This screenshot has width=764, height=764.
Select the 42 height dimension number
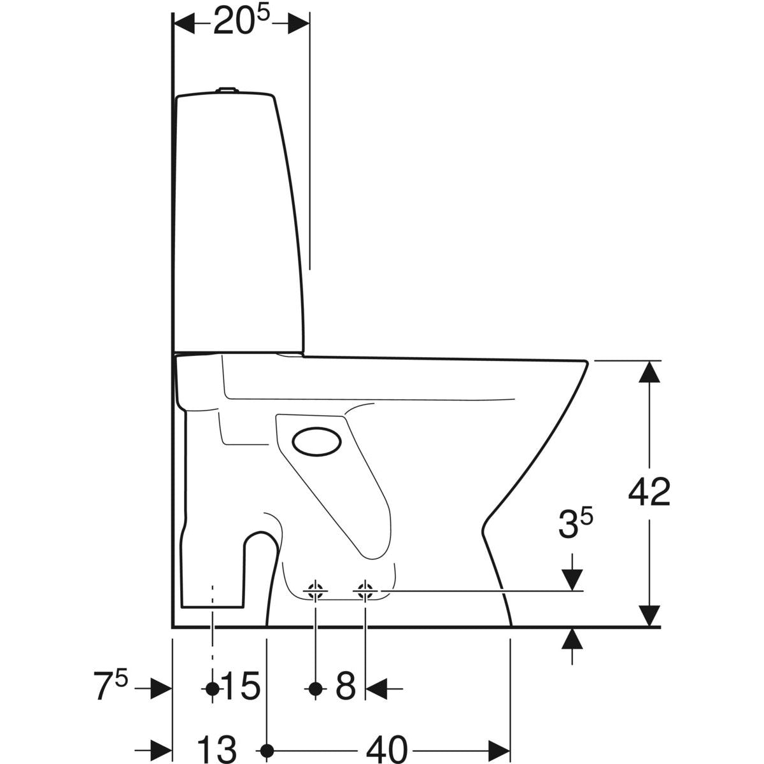649,492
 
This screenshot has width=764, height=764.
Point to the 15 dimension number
241,688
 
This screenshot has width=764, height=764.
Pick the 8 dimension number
345,688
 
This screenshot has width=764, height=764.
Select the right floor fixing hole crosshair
365,591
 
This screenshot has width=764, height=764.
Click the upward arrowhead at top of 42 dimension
649,371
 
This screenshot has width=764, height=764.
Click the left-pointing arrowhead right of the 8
378,688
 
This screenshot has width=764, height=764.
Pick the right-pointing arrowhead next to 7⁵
160,688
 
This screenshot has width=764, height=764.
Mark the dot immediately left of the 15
213,688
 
